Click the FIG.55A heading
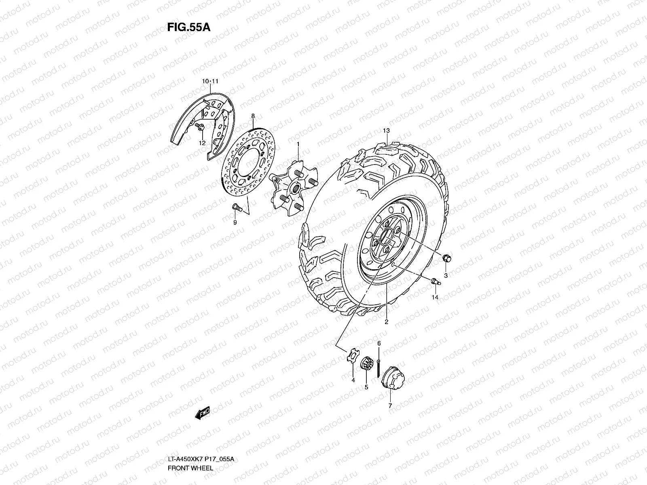[189, 27]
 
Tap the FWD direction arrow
[203, 413]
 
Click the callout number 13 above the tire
[386, 131]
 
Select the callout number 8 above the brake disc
[253, 116]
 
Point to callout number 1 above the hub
[298, 144]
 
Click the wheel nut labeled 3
[447, 259]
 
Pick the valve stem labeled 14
[436, 282]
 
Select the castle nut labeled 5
[367, 364]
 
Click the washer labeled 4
[353, 355]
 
